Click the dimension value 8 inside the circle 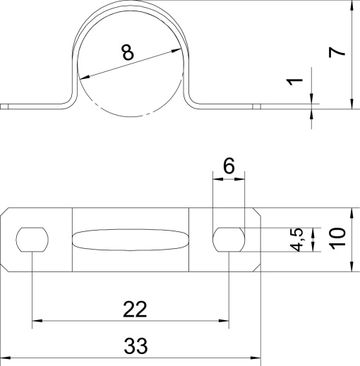(x=127, y=52)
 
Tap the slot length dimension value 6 (x=228, y=166)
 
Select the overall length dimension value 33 (x=136, y=346)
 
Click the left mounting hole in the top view (x=32, y=239)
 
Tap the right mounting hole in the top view (x=229, y=239)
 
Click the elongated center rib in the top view (x=131, y=239)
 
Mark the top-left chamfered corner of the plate (x=6, y=214)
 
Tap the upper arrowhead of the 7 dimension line (x=351, y=6)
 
